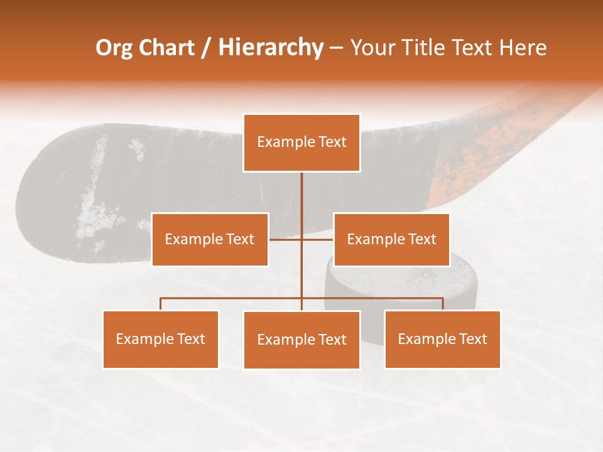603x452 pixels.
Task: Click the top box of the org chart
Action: [301, 143]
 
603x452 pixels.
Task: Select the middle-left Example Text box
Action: [210, 239]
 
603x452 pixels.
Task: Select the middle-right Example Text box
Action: [391, 239]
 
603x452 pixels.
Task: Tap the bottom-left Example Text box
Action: [161, 339]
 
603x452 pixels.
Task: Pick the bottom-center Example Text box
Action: [301, 340]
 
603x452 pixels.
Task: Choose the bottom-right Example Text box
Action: [442, 339]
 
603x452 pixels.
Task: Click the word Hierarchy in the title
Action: [271, 48]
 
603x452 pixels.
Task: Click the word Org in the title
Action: [114, 48]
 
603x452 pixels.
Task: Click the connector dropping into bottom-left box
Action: [161, 304]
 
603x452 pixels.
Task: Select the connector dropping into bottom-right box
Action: [443, 304]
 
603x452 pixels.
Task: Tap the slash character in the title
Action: [206, 48]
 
